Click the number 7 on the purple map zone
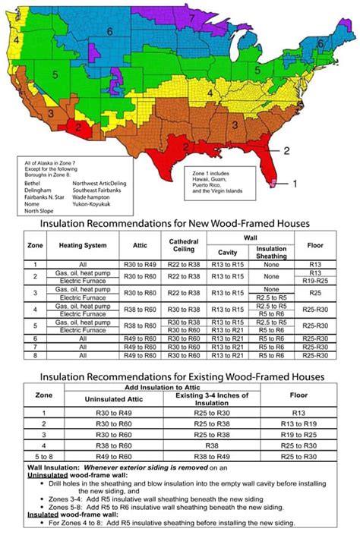192,17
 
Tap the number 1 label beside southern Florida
295,183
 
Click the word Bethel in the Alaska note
32,183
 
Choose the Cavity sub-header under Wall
229,251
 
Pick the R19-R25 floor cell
316,280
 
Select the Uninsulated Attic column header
114,400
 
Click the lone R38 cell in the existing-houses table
212,446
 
